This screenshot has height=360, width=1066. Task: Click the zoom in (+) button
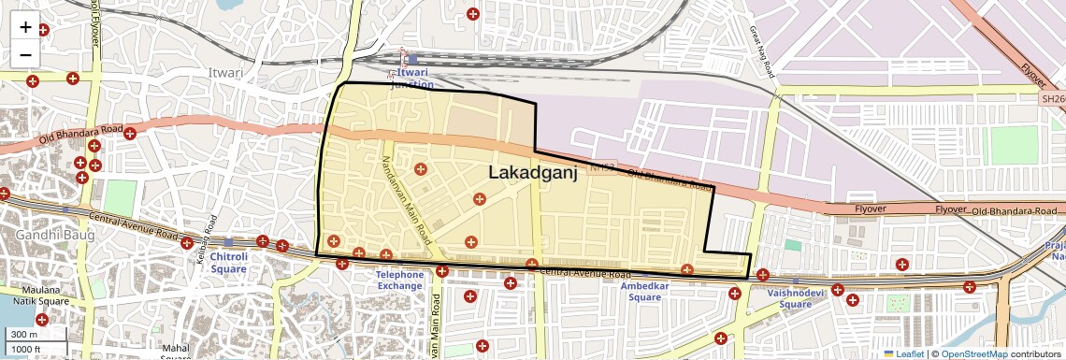click(25, 27)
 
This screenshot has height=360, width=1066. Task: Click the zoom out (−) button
click(25, 55)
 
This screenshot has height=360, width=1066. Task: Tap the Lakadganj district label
click(532, 172)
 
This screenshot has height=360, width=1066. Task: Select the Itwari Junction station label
click(411, 78)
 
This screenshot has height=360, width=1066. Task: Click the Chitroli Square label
click(228, 262)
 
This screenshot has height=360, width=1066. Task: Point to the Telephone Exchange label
click(399, 281)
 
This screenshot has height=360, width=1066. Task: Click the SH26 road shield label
click(1053, 97)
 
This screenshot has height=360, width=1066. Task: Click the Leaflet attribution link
click(904, 353)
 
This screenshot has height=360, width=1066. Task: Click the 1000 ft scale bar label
click(27, 350)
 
